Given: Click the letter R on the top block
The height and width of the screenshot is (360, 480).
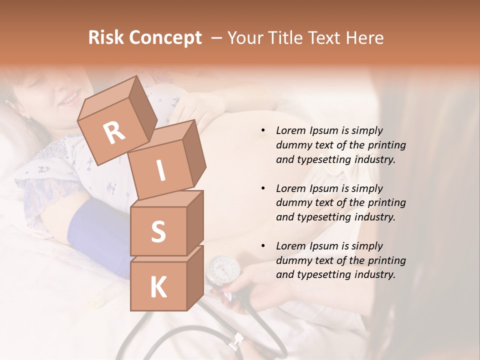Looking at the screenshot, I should pyautogui.click(x=114, y=132).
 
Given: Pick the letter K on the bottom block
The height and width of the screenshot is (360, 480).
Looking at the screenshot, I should pyautogui.click(x=158, y=287).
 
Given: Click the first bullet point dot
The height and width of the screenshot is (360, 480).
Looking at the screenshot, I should pyautogui.click(x=263, y=131).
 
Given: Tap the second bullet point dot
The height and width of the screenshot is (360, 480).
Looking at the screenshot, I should pyautogui.click(x=263, y=188).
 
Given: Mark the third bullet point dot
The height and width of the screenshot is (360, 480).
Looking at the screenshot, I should pyautogui.click(x=263, y=246).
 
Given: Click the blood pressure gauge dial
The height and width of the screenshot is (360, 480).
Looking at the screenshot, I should pyautogui.click(x=222, y=270).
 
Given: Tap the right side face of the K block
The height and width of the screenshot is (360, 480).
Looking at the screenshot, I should pyautogui.click(x=195, y=277).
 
